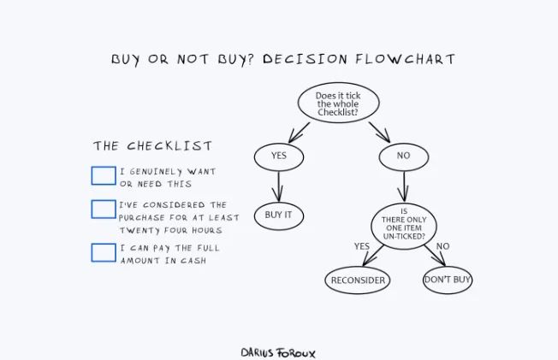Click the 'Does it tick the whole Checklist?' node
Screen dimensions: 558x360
[338, 103]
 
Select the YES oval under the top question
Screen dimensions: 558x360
[279, 156]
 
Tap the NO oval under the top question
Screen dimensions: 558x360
[404, 156]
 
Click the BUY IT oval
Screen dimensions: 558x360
[279, 216]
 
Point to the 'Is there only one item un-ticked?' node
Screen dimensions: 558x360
[404, 226]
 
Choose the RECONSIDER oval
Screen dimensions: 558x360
[358, 280]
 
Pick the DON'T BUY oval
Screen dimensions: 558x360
[448, 280]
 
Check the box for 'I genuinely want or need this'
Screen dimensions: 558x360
[104, 176]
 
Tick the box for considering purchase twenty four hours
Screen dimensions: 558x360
[104, 210]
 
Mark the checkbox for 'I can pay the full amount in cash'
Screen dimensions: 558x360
[104, 252]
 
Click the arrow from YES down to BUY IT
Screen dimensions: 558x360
[278, 186]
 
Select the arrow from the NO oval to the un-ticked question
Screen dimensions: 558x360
[404, 186]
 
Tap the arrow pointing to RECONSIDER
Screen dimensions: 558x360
[373, 256]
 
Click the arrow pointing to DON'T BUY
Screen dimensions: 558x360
[435, 256]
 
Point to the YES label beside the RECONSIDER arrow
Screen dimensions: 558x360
[362, 246]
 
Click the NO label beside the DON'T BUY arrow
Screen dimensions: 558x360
[443, 246]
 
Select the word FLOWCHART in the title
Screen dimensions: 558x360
[406, 59]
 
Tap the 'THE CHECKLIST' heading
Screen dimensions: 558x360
[152, 146]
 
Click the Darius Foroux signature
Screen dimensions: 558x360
[278, 353]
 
